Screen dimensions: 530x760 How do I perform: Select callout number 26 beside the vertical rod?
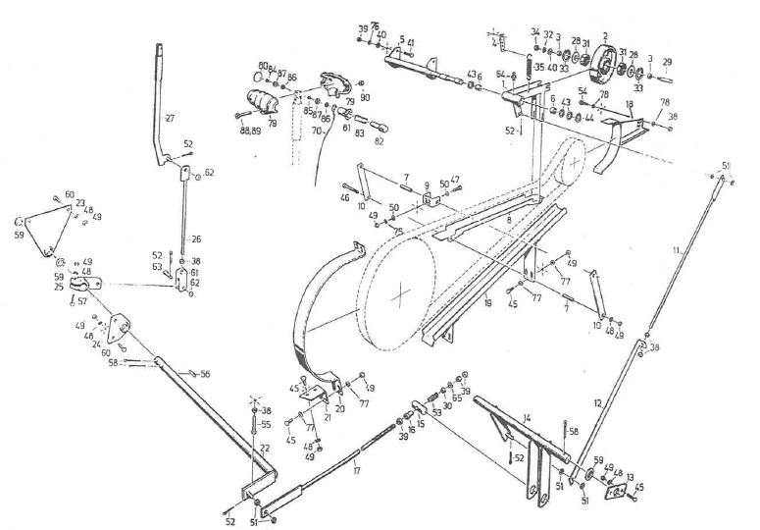tap(196, 238)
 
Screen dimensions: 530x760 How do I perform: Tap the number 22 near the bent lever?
tap(264, 448)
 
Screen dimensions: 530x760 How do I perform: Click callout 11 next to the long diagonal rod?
tap(676, 252)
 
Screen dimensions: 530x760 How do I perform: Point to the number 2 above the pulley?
tap(604, 36)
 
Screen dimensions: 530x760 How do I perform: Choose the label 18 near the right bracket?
tap(629, 102)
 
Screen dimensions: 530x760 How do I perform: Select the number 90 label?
tap(365, 96)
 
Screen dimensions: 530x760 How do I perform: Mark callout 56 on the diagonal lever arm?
tap(205, 374)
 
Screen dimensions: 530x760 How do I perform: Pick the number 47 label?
tap(456, 181)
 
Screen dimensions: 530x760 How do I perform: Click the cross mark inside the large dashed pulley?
tap(401, 292)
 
